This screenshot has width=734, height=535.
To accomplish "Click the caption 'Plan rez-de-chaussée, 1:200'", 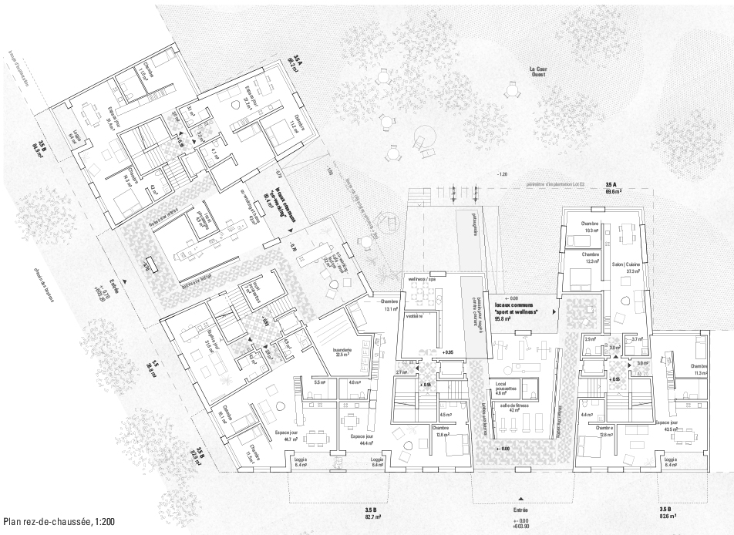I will pyautogui.click(x=59, y=523).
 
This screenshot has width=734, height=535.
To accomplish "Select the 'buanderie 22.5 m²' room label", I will pyautogui.click(x=342, y=352).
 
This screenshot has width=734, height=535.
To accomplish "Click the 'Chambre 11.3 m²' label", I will pyautogui.click(x=699, y=369).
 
